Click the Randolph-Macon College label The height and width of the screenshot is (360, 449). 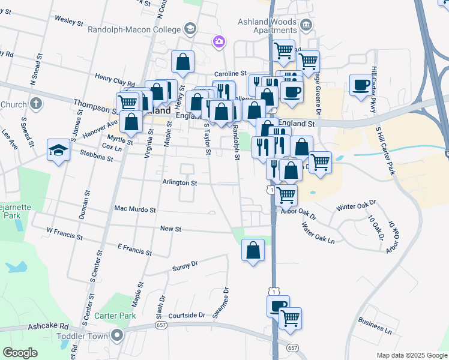point(134,29)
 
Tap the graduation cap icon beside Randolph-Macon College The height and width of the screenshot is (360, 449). point(190,29)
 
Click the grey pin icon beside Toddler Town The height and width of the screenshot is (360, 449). point(118,335)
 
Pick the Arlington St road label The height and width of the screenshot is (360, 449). point(179,182)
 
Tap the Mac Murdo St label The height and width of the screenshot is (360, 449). point(135,210)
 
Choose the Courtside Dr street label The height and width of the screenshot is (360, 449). point(186,315)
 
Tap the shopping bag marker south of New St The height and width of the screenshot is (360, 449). point(253,250)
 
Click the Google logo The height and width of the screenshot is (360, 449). point(20,352)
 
